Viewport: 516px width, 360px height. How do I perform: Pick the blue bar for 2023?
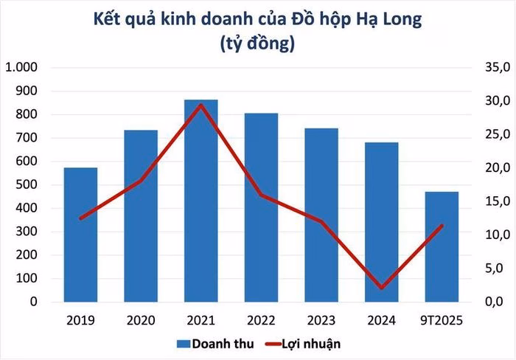pos(321,215)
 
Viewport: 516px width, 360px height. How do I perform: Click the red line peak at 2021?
pos(201,105)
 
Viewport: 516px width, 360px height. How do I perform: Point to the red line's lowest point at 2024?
pos(381,288)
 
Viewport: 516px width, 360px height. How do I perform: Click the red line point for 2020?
pos(140,181)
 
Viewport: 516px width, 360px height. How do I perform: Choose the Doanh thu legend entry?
pos(208,343)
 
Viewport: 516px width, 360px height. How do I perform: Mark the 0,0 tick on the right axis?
pos(495,302)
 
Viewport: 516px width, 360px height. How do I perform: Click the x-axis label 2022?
pos(260,320)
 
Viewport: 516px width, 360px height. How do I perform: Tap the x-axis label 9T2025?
pos(441,320)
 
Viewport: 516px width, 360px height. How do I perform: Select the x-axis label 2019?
pos(80,320)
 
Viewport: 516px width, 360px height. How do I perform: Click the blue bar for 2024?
pos(381,222)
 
